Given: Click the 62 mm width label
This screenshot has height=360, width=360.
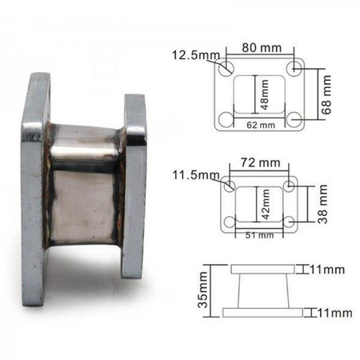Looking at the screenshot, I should point(262,125).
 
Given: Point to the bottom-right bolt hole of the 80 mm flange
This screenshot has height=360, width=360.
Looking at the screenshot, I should point(297,119).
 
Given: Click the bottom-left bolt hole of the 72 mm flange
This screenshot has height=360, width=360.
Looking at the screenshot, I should point(231,222).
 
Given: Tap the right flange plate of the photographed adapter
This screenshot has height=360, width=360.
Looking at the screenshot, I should point(134,186).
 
